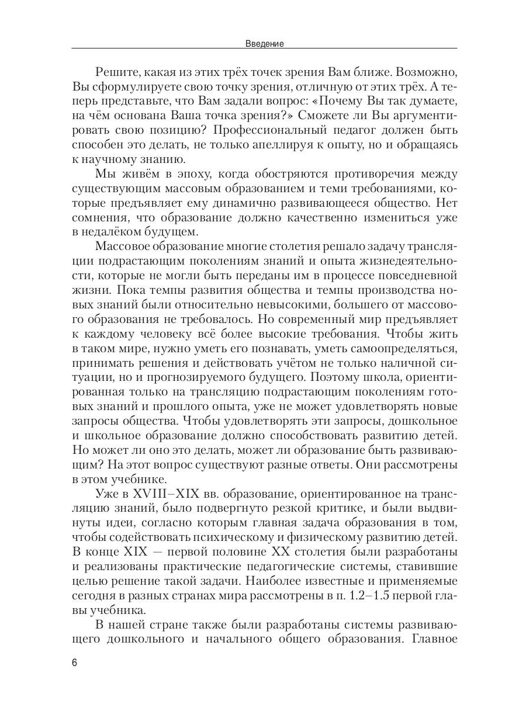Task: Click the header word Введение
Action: [264, 43]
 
